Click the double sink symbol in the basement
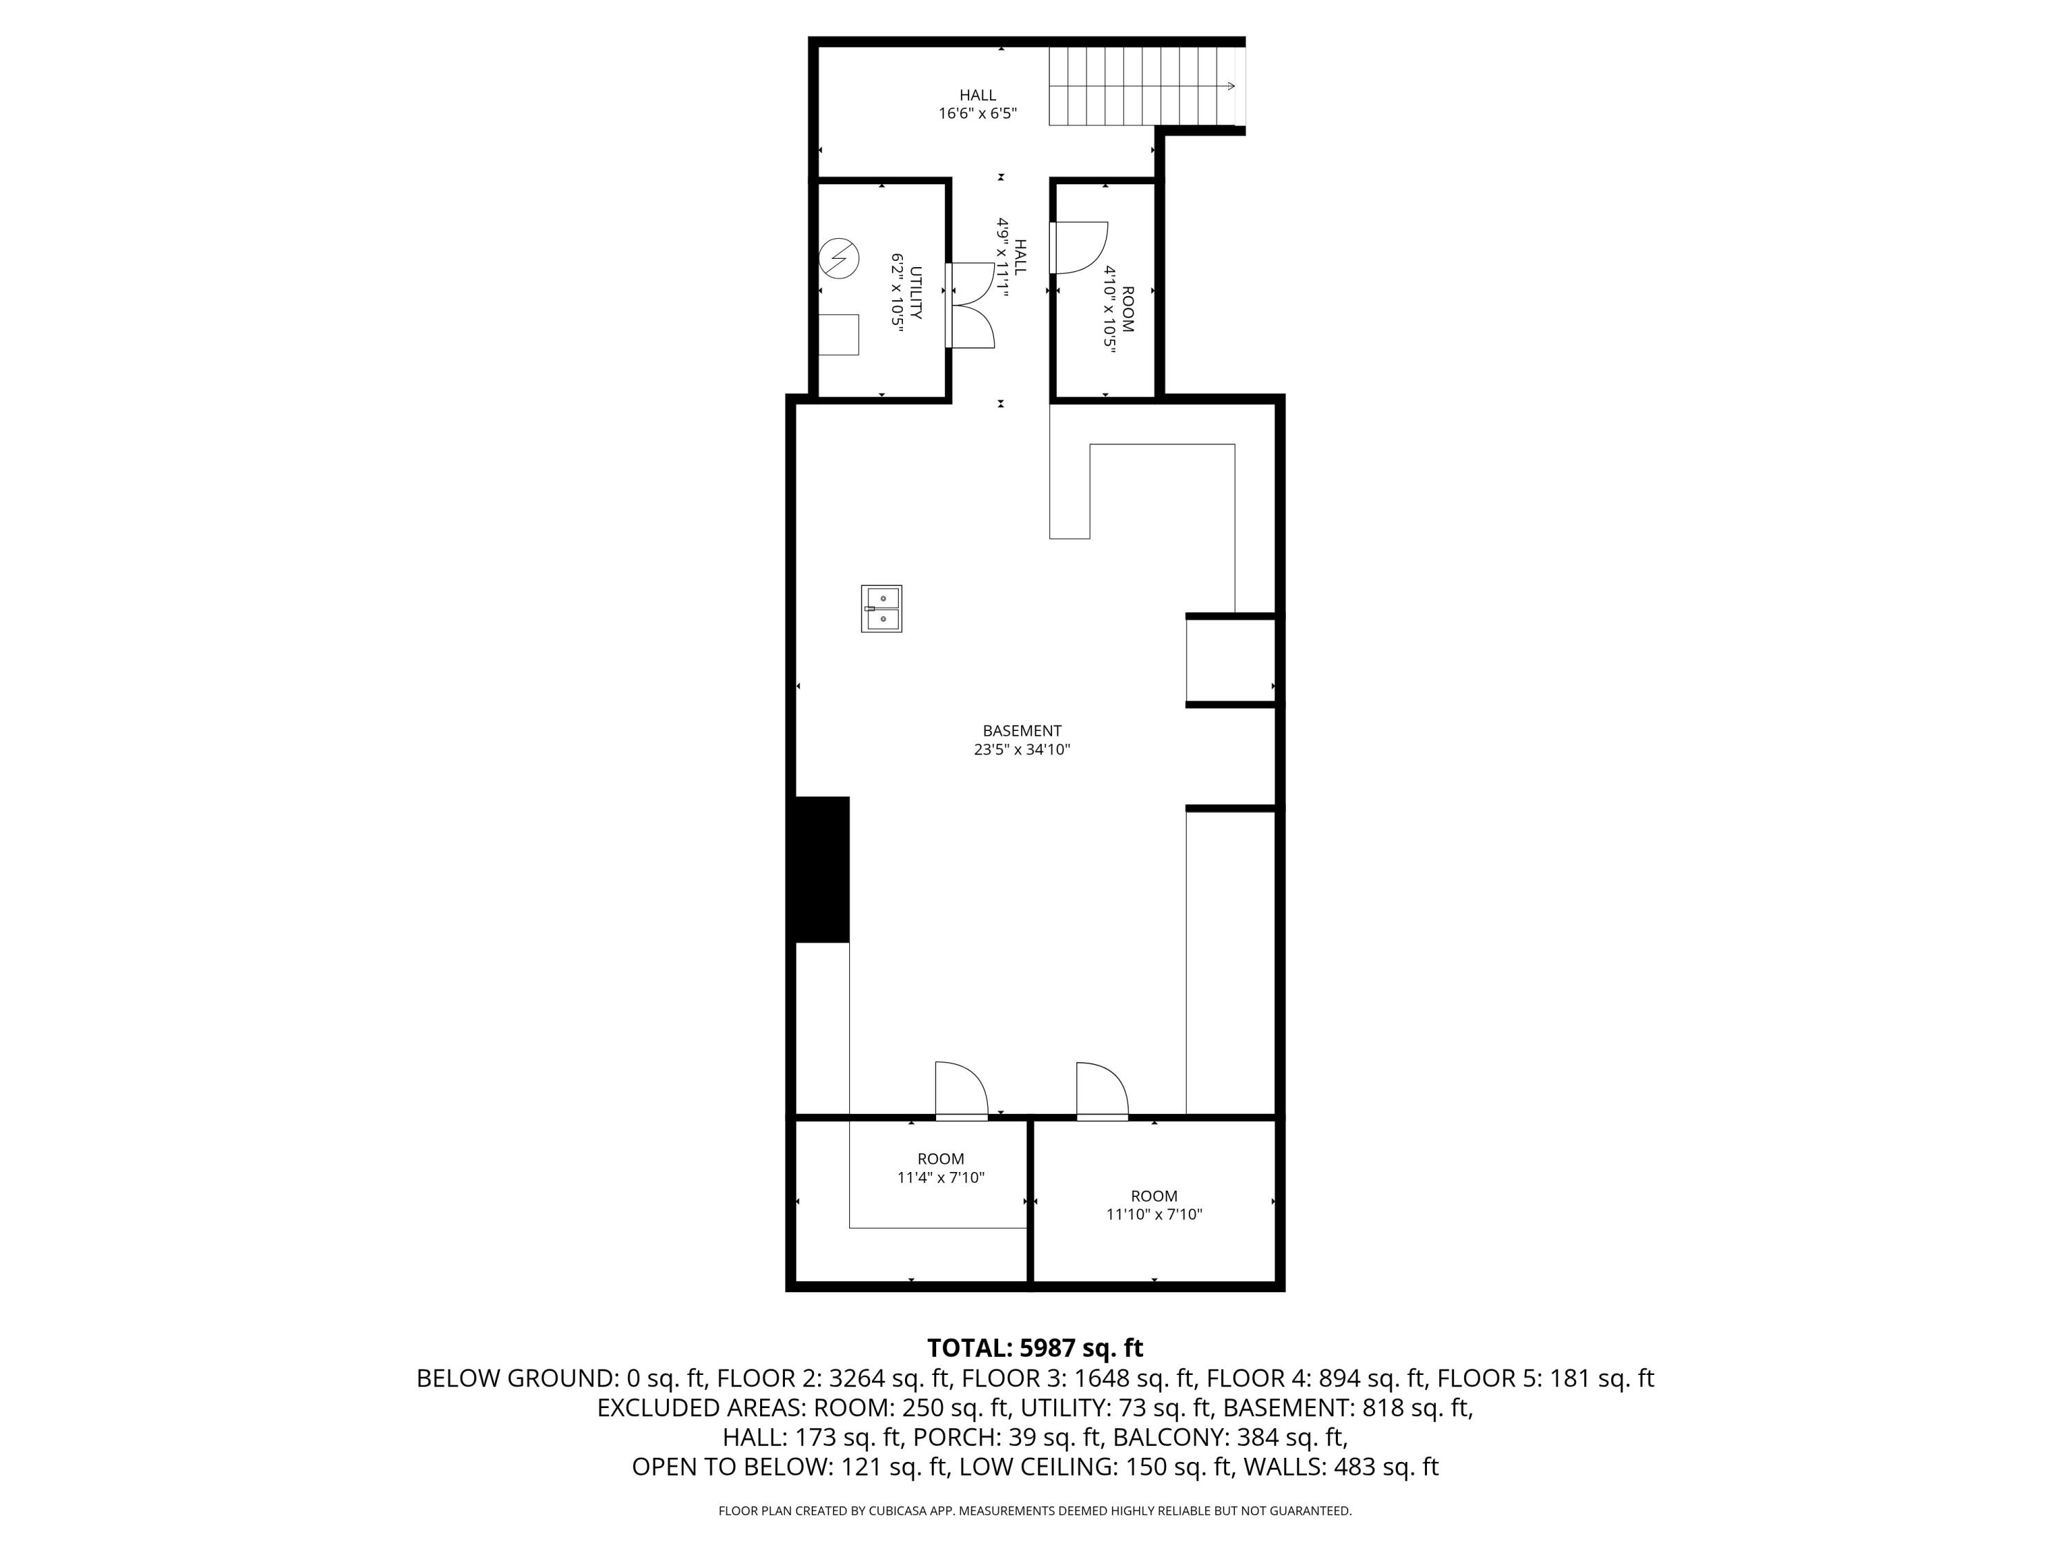click(x=881, y=609)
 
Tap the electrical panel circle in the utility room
click(x=839, y=258)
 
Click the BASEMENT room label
click(x=1022, y=730)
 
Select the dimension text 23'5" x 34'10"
click(x=1022, y=749)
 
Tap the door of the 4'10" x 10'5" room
click(x=1078, y=248)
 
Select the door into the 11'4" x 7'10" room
click(x=962, y=1091)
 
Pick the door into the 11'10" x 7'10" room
click(x=1102, y=1091)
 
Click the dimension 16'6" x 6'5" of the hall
click(x=978, y=113)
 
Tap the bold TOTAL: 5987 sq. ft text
click(x=1035, y=1347)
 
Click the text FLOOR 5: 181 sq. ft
click(x=1546, y=1378)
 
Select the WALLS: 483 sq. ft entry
click(x=1341, y=1466)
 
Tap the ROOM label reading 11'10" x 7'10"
click(x=1154, y=1195)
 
